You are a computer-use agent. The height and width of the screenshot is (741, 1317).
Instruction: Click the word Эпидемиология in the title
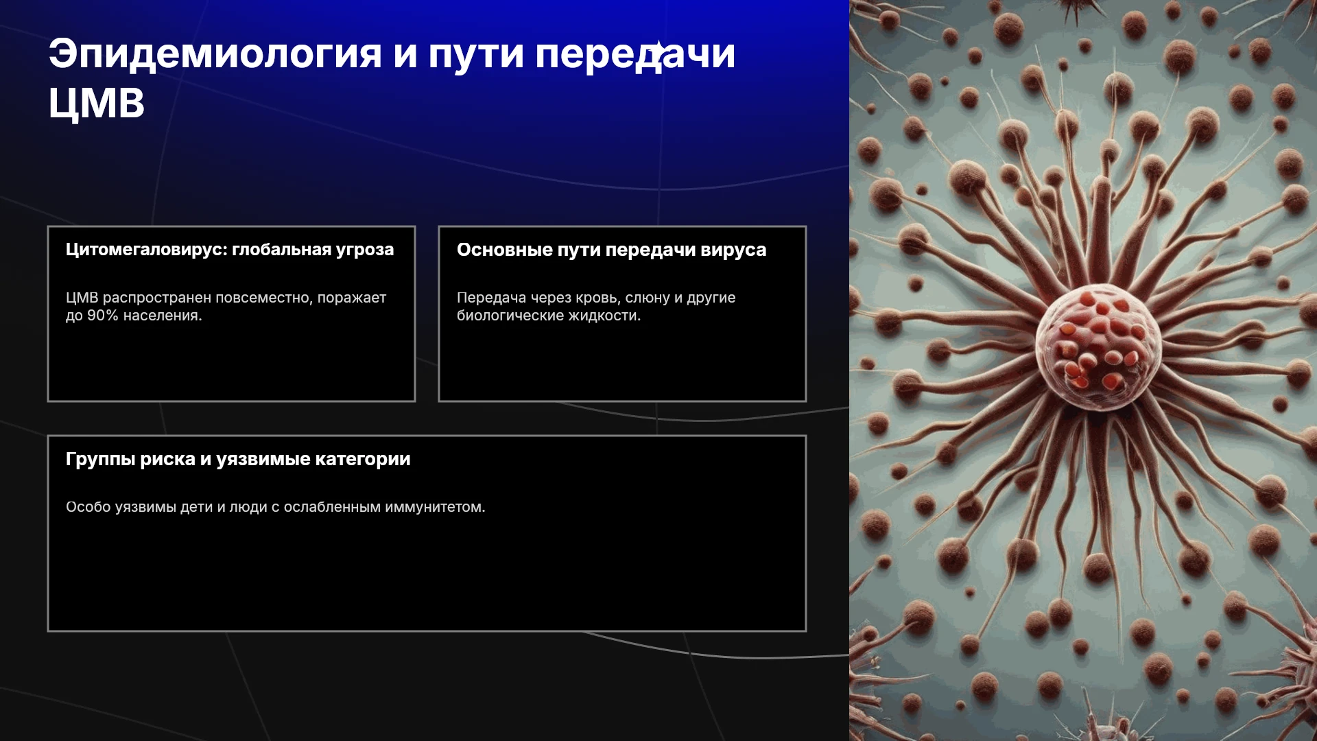point(215,54)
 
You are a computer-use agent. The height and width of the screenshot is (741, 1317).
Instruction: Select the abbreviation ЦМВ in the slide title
point(97,104)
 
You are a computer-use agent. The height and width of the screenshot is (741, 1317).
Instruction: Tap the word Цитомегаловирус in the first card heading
point(146,250)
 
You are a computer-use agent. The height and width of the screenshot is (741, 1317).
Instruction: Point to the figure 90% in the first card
point(103,316)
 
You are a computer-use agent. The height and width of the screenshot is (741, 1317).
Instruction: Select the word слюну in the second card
point(648,298)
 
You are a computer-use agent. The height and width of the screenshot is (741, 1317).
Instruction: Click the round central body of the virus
point(1097,346)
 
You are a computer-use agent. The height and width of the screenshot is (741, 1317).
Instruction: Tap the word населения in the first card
point(163,316)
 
